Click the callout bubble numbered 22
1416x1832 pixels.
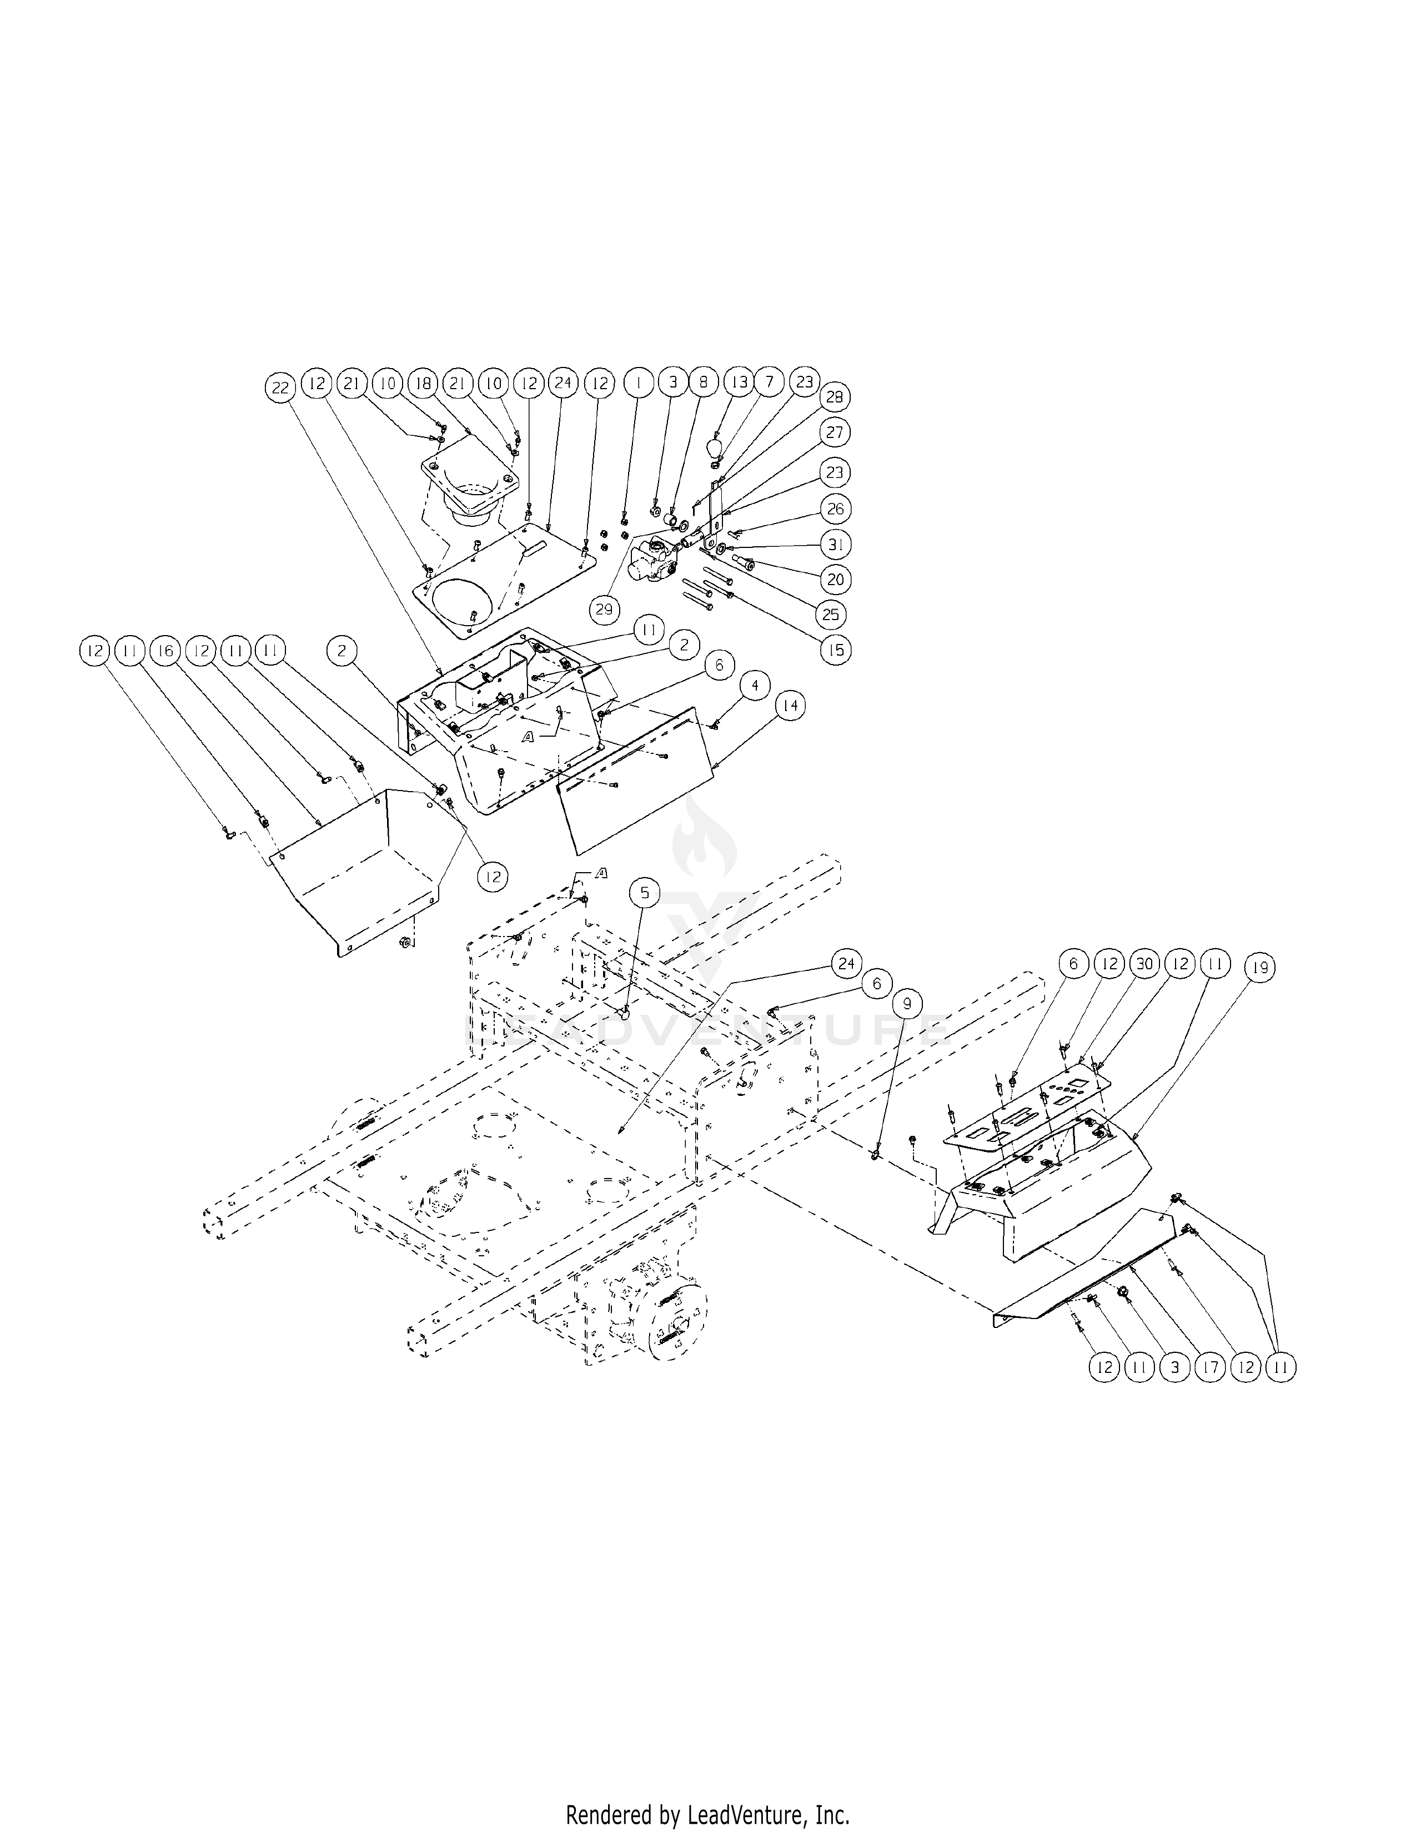point(280,387)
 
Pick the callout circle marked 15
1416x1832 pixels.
point(836,650)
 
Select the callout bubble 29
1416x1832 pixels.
point(605,609)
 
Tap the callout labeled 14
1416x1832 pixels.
point(790,706)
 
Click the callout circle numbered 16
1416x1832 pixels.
point(165,651)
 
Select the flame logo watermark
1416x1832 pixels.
point(705,839)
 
